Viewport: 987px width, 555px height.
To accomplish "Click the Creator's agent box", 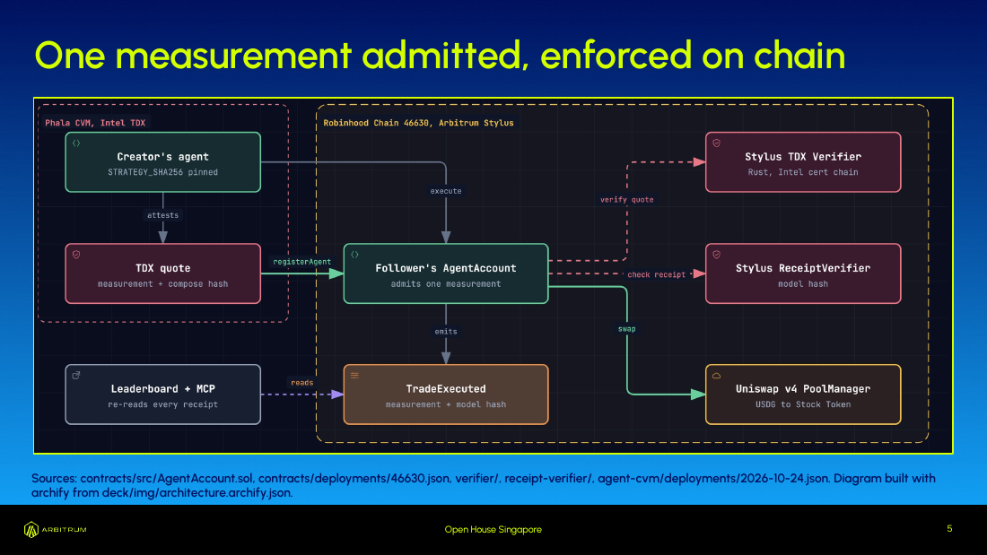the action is coord(163,162).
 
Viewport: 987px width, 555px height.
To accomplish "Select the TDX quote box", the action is coord(163,273).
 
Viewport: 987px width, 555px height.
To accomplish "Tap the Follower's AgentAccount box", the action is coord(446,273).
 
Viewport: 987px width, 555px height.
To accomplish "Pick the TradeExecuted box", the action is coord(446,395).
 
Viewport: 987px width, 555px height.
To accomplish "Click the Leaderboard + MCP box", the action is coord(163,395).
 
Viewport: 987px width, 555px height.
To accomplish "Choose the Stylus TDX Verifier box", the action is coord(803,162).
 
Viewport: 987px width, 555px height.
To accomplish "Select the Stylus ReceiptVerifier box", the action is coord(803,273).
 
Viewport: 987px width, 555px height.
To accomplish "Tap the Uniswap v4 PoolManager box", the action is coord(803,395).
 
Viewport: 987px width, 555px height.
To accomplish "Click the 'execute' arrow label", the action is coord(446,191).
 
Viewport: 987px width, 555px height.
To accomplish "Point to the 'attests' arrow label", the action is coord(163,215).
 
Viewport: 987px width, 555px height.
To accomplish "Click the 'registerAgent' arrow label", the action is coord(302,262).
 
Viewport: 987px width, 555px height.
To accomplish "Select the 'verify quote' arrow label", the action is coord(627,199).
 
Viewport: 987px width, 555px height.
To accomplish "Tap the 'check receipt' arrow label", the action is coord(657,274).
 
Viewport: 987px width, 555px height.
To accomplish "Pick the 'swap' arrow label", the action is coord(627,329).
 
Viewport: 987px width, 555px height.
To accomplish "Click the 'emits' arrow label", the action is coord(446,332).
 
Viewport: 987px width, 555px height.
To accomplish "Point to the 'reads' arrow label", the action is coord(302,383).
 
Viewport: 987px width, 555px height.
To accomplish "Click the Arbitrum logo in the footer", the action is coord(56,530).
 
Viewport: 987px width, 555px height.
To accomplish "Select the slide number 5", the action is coord(949,529).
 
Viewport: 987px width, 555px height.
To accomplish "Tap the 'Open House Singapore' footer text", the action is coord(493,530).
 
